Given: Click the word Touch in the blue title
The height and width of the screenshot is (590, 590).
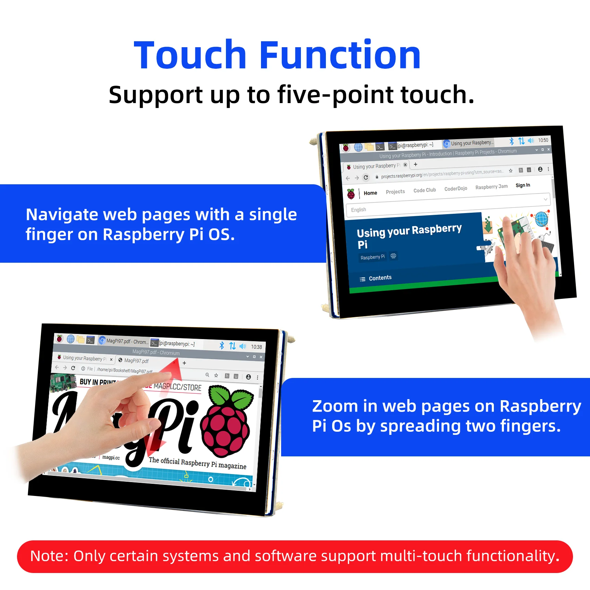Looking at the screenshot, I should pyautogui.click(x=190, y=56).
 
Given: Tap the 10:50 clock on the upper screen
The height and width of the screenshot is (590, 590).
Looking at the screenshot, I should pyautogui.click(x=543, y=140).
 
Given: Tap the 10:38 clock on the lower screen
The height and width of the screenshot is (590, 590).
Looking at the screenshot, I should pyautogui.click(x=256, y=347).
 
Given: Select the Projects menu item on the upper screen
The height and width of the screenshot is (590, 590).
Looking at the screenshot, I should pyautogui.click(x=395, y=192).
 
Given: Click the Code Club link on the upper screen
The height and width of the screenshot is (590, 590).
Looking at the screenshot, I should pyautogui.click(x=424, y=190).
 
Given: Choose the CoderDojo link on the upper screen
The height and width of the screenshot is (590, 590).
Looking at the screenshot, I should pyautogui.click(x=456, y=188).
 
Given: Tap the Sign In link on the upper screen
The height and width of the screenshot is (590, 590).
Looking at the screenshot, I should pyautogui.click(x=523, y=185).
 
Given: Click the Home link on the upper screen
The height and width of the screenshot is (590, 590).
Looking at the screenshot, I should pyautogui.click(x=370, y=193).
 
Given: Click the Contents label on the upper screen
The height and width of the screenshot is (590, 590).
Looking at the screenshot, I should pyautogui.click(x=380, y=278).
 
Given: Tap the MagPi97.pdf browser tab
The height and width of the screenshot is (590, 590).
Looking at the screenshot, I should pyautogui.click(x=136, y=361).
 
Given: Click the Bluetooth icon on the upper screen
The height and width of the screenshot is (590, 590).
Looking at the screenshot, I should pyautogui.click(x=512, y=141).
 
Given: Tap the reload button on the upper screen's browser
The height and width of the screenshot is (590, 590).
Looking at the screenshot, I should pyautogui.click(x=366, y=177).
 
